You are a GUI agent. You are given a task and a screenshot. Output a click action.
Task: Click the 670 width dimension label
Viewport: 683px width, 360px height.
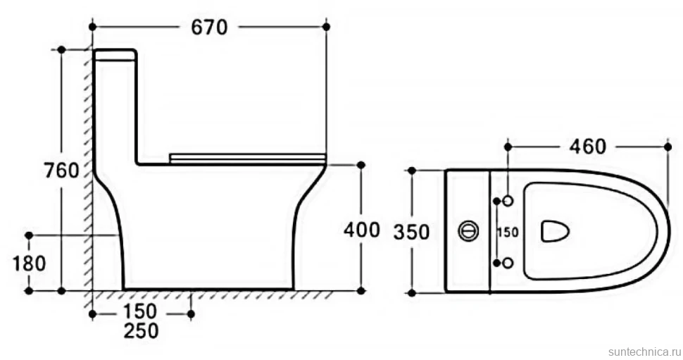pyautogui.click(x=210, y=28)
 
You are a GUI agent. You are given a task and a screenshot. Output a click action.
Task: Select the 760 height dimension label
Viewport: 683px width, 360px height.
pyautogui.click(x=62, y=170)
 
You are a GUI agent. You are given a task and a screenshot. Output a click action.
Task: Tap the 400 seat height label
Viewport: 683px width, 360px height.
pyautogui.click(x=361, y=230)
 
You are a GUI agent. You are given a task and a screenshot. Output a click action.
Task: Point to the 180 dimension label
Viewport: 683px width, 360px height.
pyautogui.click(x=29, y=263)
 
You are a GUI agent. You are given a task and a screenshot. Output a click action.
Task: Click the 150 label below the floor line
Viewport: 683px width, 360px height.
pyautogui.click(x=140, y=311)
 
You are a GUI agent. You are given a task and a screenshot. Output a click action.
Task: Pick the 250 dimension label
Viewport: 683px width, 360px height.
pyautogui.click(x=141, y=331)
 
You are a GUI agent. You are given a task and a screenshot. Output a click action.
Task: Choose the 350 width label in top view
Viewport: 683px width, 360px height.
pyautogui.click(x=412, y=232)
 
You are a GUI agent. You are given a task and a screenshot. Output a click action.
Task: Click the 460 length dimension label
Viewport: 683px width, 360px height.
pyautogui.click(x=588, y=147)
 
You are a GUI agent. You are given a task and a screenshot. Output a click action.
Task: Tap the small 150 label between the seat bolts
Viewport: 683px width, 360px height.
pyautogui.click(x=508, y=232)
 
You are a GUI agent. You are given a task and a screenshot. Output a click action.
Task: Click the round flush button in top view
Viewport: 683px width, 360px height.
pyautogui.click(x=468, y=230)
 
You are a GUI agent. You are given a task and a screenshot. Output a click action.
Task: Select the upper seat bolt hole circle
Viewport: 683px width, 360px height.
pyautogui.click(x=508, y=201)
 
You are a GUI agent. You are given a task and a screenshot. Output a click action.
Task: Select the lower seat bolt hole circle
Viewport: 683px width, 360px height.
pyautogui.click(x=508, y=263)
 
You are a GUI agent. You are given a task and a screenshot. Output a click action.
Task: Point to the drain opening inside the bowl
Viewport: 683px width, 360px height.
pyautogui.click(x=555, y=230)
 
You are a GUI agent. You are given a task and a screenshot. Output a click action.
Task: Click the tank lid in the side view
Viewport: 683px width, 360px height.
pyautogui.click(x=115, y=54)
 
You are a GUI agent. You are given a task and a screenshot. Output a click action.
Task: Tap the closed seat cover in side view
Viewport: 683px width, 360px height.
pyautogui.click(x=247, y=159)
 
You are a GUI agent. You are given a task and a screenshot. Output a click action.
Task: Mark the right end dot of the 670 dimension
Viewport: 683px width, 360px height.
pyautogui.click(x=326, y=27)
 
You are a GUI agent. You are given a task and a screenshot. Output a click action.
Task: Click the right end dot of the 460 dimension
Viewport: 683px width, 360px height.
pyautogui.click(x=668, y=147)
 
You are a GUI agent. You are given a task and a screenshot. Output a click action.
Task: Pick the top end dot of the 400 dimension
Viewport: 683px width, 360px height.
pyautogui.click(x=361, y=165)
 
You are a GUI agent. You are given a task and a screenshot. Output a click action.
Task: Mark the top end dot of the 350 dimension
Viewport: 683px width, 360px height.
pyautogui.click(x=412, y=170)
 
